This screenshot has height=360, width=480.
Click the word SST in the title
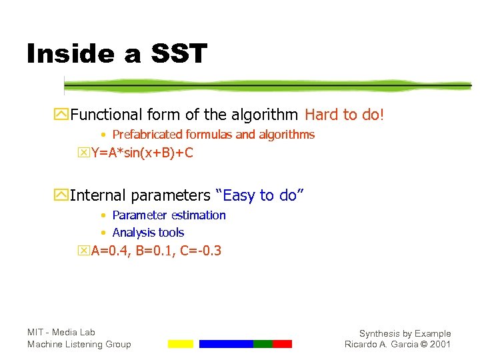174,54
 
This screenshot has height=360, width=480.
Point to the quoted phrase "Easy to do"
260,195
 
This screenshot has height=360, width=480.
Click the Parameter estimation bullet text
169,215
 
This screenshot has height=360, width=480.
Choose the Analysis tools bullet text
148,233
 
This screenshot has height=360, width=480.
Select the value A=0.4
111,251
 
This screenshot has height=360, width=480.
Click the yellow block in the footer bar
180,344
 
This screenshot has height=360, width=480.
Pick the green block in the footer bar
263,344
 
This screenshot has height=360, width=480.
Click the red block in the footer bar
282,344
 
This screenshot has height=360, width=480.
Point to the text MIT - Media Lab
61,332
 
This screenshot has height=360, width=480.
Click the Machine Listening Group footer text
79,344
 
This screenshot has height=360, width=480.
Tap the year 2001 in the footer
440,344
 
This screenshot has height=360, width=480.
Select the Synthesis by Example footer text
405,333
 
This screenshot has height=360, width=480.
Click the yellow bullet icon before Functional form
63,115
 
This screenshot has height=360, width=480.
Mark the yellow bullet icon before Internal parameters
63,196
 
